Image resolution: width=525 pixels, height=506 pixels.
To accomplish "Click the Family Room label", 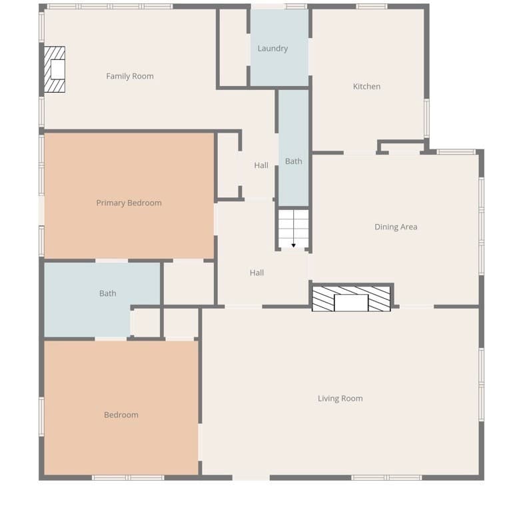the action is pyautogui.click(x=130, y=77).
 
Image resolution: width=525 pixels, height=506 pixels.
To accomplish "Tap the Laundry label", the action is pyautogui.click(x=272, y=49).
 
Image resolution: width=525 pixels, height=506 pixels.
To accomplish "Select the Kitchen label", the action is pyautogui.click(x=366, y=87).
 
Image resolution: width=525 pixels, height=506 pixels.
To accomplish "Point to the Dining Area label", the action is pyautogui.click(x=396, y=227).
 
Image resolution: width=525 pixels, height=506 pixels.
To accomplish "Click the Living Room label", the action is pyautogui.click(x=340, y=399).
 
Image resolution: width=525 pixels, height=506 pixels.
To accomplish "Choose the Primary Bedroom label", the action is pyautogui.click(x=129, y=203).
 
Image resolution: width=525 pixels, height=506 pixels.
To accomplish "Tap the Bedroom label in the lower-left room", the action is pyautogui.click(x=121, y=415).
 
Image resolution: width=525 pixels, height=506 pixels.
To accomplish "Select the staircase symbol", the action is pyautogui.click(x=294, y=229).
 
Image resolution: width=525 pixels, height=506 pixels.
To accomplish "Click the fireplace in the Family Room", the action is pyautogui.click(x=55, y=69).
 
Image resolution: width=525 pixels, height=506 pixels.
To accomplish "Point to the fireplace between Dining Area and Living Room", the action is pyautogui.click(x=351, y=299).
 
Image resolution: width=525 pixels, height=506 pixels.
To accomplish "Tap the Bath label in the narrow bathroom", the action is pyautogui.click(x=294, y=161).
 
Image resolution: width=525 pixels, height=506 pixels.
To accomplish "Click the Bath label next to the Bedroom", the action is pyautogui.click(x=108, y=293).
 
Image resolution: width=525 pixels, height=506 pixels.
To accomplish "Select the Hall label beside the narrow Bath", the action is pyautogui.click(x=261, y=165).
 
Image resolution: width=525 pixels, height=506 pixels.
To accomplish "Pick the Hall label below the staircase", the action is pyautogui.click(x=257, y=273).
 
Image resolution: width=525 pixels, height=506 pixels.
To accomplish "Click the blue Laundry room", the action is pyautogui.click(x=280, y=47).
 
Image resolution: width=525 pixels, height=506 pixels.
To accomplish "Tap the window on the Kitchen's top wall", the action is pyautogui.click(x=372, y=7).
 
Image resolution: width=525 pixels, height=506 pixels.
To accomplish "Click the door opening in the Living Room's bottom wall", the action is pyautogui.click(x=251, y=477).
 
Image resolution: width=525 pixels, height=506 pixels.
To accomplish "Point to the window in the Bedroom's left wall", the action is pyautogui.click(x=42, y=417).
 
